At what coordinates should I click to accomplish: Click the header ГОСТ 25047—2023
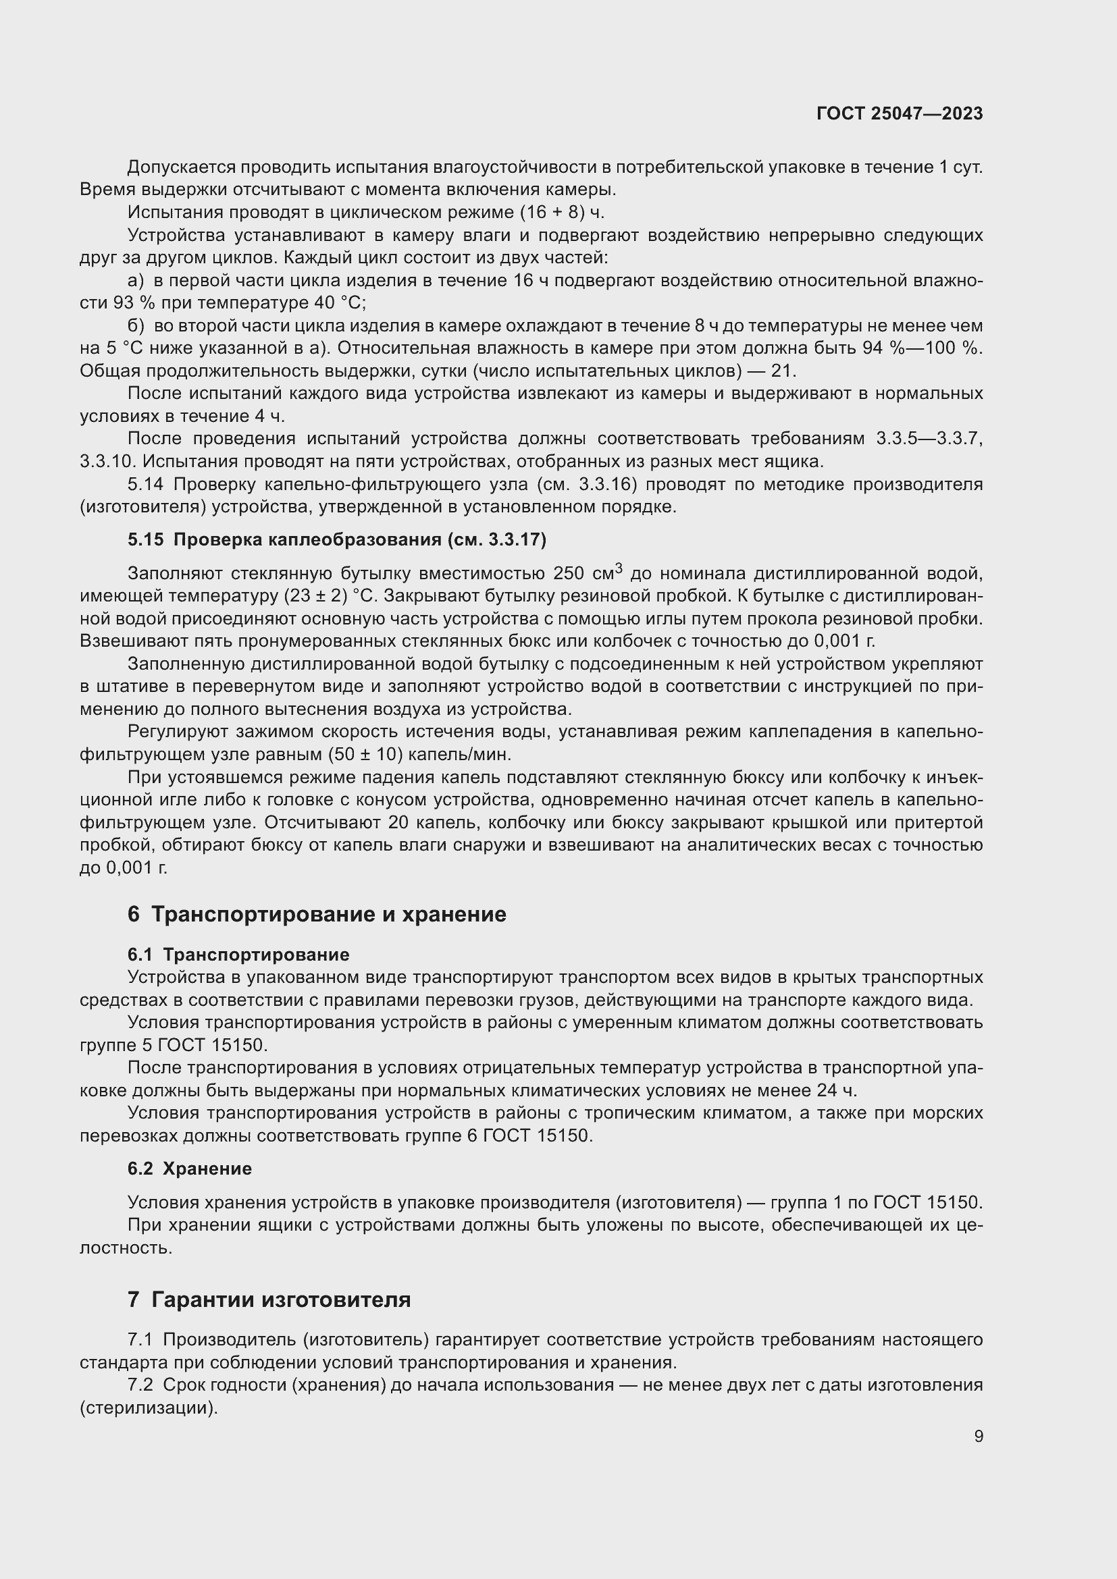coord(899,113)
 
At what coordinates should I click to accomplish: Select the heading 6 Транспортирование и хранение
coord(316,914)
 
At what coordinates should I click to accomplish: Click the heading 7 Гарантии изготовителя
coord(269,1300)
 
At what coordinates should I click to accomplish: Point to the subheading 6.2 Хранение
coord(189,1169)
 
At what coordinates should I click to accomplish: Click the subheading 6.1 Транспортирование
coord(238,955)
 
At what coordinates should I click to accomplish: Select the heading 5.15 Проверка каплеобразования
coord(336,540)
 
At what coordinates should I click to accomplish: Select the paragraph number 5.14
coord(145,484)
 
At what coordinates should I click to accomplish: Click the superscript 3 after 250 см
coord(619,568)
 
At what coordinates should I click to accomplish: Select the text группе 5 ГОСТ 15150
coord(173,1045)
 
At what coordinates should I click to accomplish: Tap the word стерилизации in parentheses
coord(148,1407)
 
